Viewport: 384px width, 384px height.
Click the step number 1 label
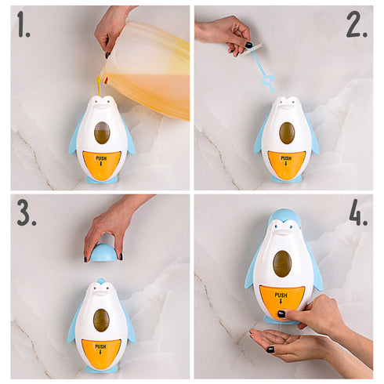pos(24,24)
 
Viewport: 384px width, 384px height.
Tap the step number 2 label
pos(357,24)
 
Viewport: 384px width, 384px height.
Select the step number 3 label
pos(27,212)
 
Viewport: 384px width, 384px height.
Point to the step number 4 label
pos(358,212)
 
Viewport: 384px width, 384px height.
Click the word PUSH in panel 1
pos(101,158)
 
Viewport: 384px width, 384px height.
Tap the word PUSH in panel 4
pos(281,295)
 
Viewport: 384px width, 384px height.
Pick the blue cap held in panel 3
pos(103,252)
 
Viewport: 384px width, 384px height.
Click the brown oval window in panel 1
pos(102,133)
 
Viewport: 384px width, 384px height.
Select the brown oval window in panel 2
pos(287,133)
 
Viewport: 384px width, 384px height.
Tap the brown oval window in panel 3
pos(101,321)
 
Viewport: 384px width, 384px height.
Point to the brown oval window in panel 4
pos(282,264)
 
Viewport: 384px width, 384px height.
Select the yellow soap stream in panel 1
pos(100,86)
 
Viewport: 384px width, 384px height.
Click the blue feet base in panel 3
pos(101,368)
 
